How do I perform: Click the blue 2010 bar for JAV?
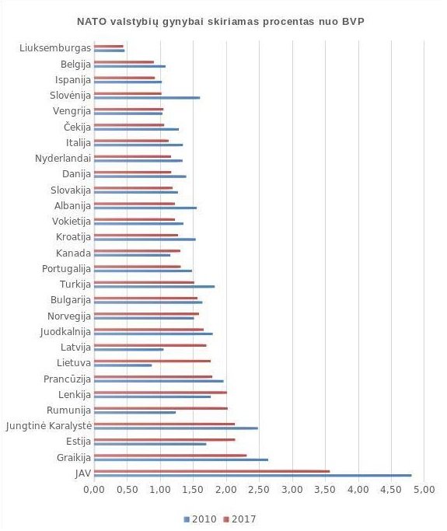click(x=253, y=476)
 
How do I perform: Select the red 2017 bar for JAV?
click(x=211, y=471)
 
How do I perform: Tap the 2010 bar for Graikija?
click(x=181, y=459)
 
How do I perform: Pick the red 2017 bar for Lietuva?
click(x=152, y=361)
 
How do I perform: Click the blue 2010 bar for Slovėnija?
click(x=147, y=97)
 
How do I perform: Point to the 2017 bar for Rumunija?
click(x=161, y=408)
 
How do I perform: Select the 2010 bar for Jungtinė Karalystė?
click(x=176, y=428)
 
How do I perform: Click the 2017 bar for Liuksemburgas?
click(x=109, y=46)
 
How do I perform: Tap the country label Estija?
click(x=79, y=442)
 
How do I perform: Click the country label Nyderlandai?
click(x=63, y=158)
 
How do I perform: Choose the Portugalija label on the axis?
click(x=66, y=269)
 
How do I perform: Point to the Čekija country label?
click(x=78, y=127)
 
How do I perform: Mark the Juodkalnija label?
click(x=66, y=332)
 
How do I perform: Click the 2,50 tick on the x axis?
click(x=259, y=489)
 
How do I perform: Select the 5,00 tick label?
click(x=424, y=489)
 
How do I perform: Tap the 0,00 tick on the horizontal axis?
click(x=94, y=489)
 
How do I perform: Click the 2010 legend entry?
click(x=200, y=519)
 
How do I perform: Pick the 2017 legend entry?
click(x=239, y=519)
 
